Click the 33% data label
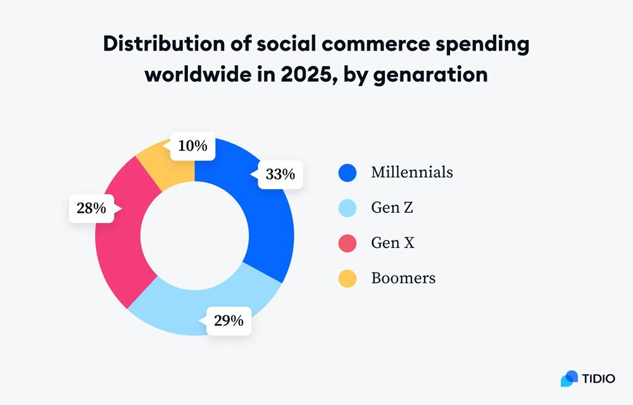(280, 174)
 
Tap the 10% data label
(192, 146)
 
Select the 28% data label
(91, 208)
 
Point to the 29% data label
(229, 320)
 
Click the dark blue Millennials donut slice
(260, 228)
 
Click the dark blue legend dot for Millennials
(348, 172)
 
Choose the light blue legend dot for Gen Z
(348, 208)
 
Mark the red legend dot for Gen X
(348, 242)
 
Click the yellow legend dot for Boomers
(348, 278)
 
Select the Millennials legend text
(411, 172)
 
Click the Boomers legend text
(403, 278)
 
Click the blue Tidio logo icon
(570, 378)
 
